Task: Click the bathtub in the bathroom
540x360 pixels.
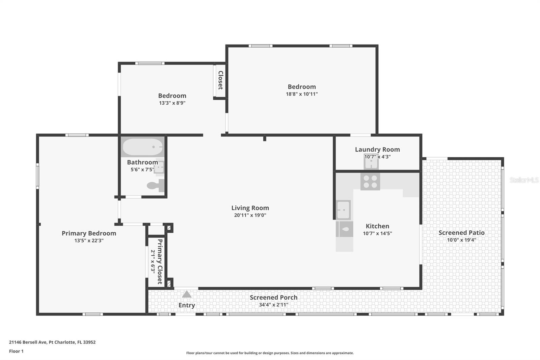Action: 142,147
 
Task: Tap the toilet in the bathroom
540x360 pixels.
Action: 156,185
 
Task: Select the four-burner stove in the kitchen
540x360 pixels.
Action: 370,181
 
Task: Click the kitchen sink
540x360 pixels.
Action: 343,210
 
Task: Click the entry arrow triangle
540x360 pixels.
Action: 187,294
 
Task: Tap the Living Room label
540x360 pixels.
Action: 250,208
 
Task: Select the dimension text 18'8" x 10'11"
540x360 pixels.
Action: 302,94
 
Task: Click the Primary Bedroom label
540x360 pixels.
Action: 89,233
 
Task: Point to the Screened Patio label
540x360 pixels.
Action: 461,233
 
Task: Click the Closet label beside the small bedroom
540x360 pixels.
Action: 220,80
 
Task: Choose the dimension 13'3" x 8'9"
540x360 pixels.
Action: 172,103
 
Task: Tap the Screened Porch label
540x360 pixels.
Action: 273,298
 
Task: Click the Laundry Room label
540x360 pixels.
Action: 377,149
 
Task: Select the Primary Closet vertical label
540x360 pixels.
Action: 160,261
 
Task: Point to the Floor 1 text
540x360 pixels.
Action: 16,351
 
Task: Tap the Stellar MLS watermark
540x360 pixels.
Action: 524,180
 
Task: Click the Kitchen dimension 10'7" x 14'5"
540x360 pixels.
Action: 377,233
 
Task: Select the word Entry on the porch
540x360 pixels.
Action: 187,305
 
